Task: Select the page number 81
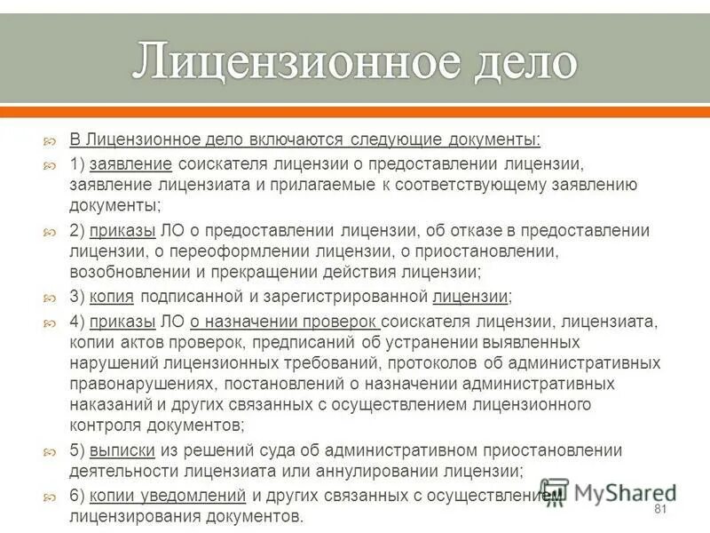[x=659, y=509]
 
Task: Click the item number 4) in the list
[x=77, y=320]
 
